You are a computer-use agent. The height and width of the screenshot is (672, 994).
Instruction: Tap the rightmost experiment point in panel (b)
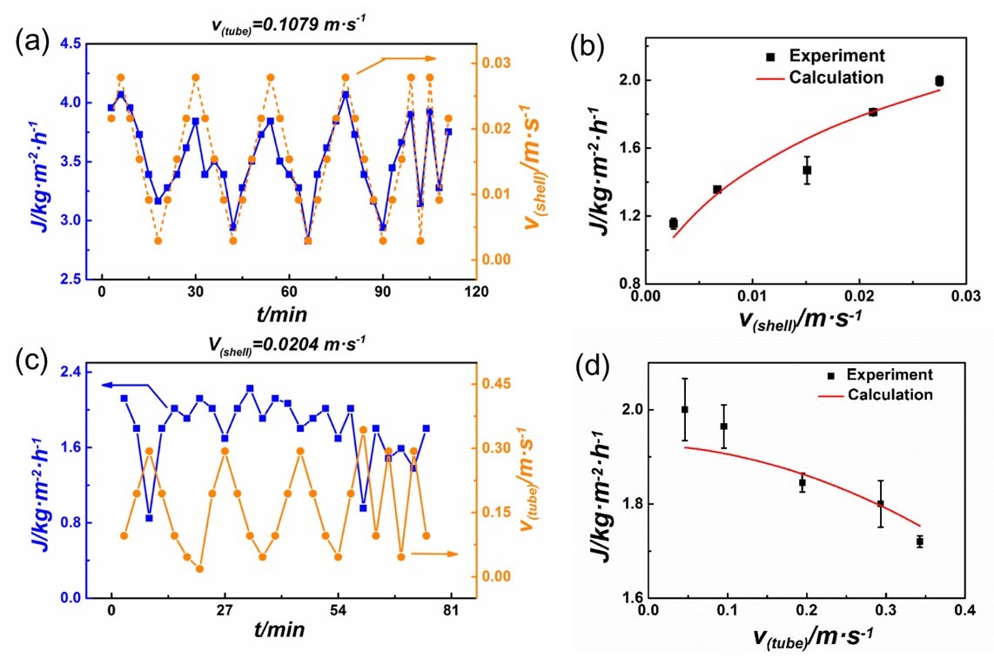click(x=939, y=81)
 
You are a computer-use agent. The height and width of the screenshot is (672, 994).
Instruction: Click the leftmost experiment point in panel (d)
click(x=685, y=409)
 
